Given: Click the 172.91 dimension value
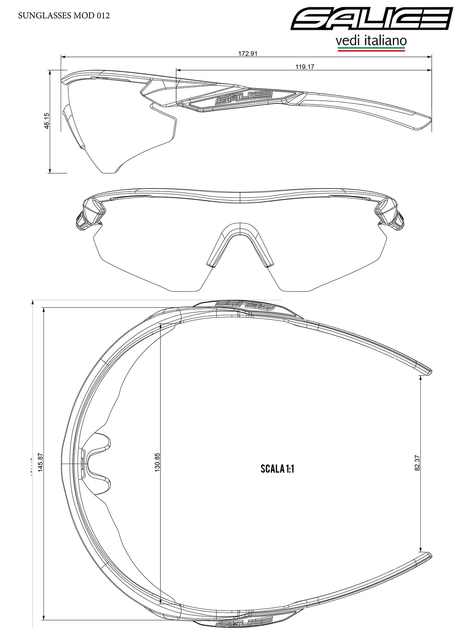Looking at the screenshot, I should click(248, 54).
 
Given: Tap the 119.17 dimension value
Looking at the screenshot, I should click(305, 67).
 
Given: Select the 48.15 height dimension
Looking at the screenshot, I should click(47, 121).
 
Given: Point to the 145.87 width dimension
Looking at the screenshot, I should click(41, 462).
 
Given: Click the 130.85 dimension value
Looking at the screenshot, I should click(157, 462).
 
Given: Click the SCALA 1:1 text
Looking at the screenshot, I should click(277, 469).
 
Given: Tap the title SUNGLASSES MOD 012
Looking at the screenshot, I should click(64, 16).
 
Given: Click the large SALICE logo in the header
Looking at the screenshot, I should click(371, 19).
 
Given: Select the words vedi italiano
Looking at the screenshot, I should click(371, 41).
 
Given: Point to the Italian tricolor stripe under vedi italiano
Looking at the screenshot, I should click(371, 49).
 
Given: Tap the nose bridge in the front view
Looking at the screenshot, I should click(240, 230).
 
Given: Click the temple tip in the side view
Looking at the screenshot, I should click(421, 124).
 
